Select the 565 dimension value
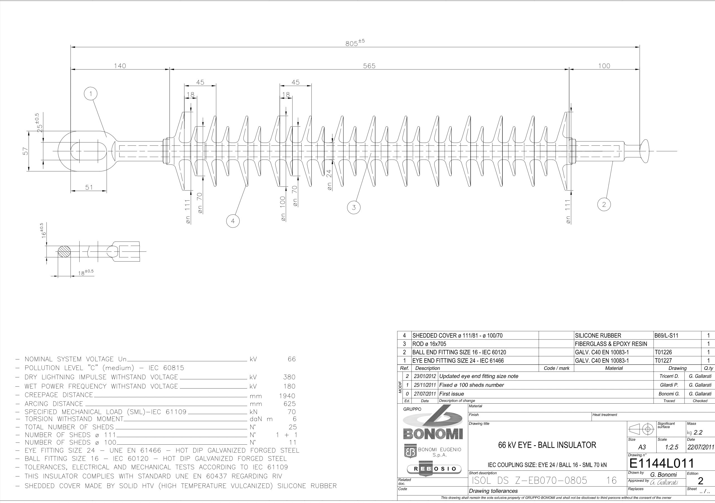pos(369,66)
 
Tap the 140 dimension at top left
pos(120,66)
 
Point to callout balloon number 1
pos(90,94)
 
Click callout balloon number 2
pos(604,205)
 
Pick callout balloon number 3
pos(354,207)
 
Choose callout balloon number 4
pos(233,221)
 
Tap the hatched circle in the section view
pos(65,251)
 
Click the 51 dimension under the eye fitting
pos(89,187)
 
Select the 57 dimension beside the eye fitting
pos(25,151)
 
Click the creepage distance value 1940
pos(287,396)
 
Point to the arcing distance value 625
pos(290,404)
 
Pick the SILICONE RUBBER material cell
pos(598,336)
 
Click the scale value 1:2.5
pos(671,447)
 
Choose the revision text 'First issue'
pos(452,394)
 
